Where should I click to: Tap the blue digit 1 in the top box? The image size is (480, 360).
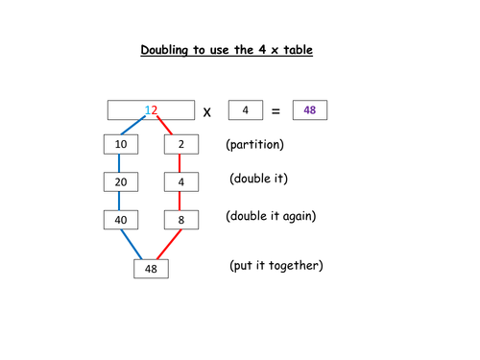(146, 110)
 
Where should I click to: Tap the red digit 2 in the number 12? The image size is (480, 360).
(153, 110)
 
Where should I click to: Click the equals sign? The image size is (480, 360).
(276, 111)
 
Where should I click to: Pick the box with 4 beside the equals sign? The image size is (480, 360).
(245, 110)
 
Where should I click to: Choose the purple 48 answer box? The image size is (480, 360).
(309, 110)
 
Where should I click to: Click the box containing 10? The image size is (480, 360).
(119, 145)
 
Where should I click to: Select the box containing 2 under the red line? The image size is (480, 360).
(180, 145)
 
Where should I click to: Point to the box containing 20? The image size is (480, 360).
(119, 182)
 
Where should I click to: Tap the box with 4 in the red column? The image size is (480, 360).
(180, 182)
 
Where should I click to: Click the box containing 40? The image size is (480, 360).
(119, 220)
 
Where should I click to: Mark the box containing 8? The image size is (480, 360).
(180, 220)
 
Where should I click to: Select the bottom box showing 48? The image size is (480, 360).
(151, 269)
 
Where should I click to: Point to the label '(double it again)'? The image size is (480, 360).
(271, 216)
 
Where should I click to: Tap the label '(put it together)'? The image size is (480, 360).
(276, 264)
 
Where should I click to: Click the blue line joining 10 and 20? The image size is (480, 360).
(119, 163)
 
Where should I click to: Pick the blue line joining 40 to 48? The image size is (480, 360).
(130, 245)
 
